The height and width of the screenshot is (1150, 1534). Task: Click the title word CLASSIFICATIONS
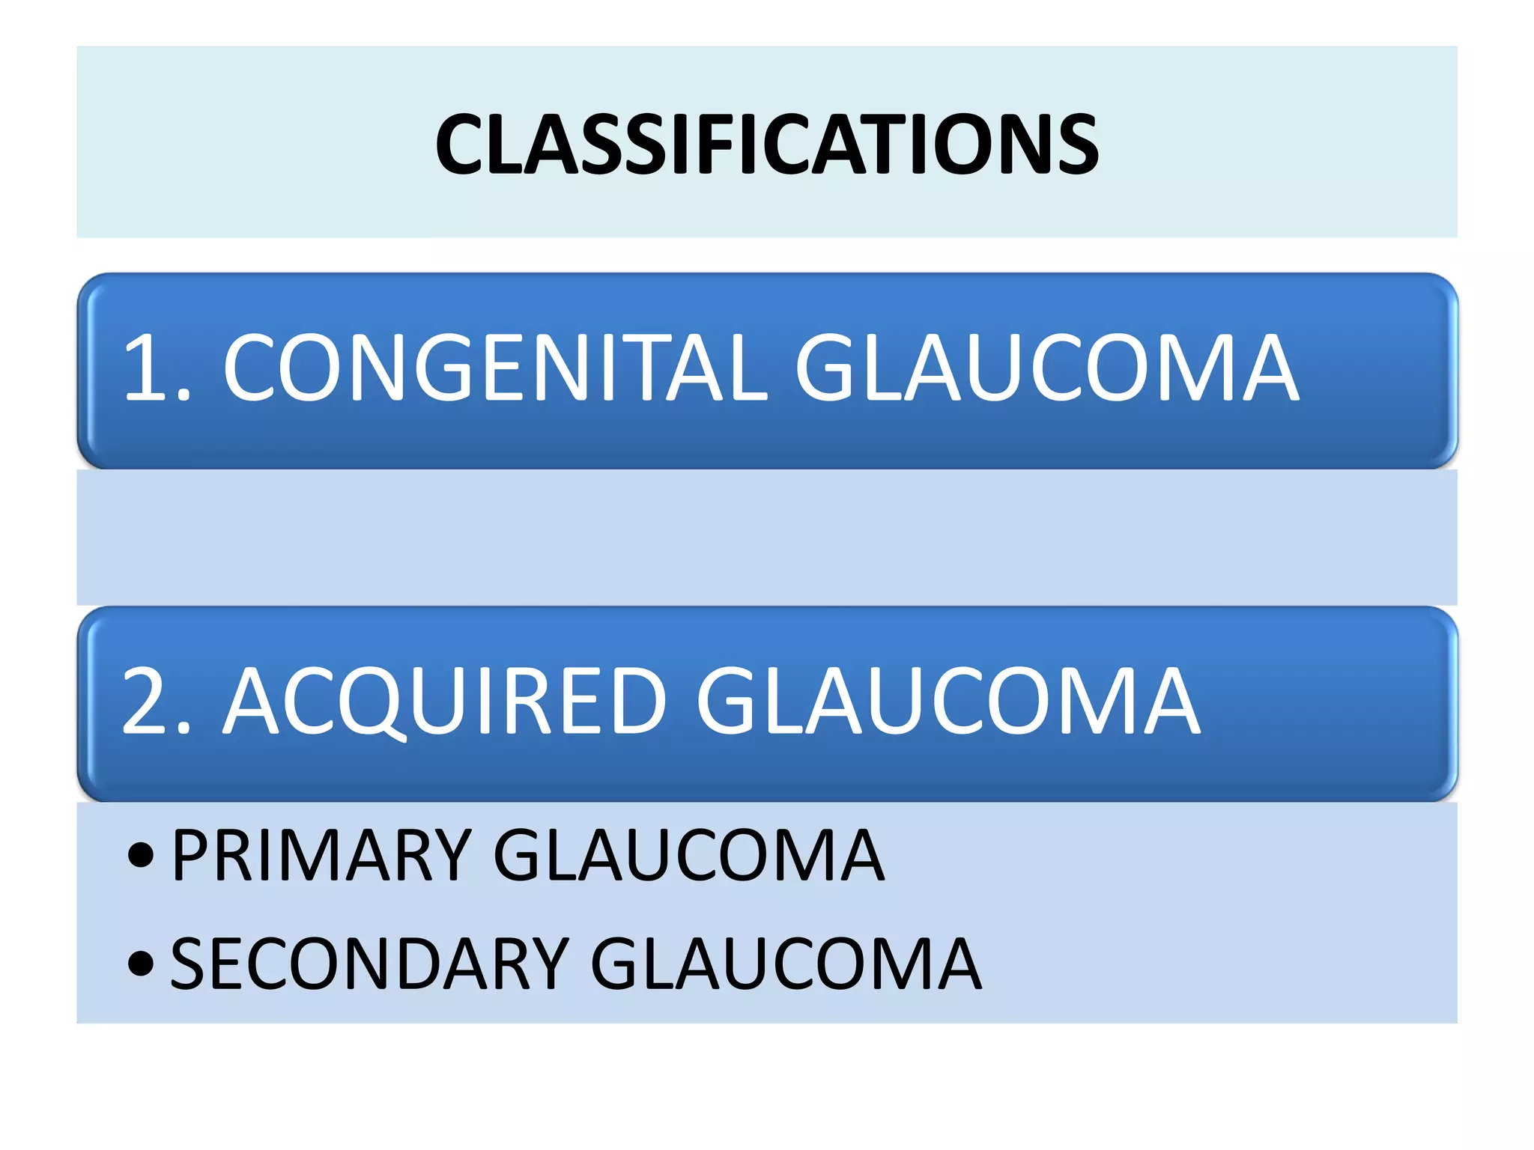(767, 144)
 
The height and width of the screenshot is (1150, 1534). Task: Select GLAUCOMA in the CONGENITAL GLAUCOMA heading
(1046, 368)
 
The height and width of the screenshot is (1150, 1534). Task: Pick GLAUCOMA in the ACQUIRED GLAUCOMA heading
(948, 702)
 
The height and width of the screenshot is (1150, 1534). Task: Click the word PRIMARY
(321, 855)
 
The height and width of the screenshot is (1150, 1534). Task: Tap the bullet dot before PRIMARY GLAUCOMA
(141, 855)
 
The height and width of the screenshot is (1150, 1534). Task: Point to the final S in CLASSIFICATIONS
(1073, 144)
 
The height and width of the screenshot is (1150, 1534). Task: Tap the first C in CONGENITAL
(255, 368)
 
